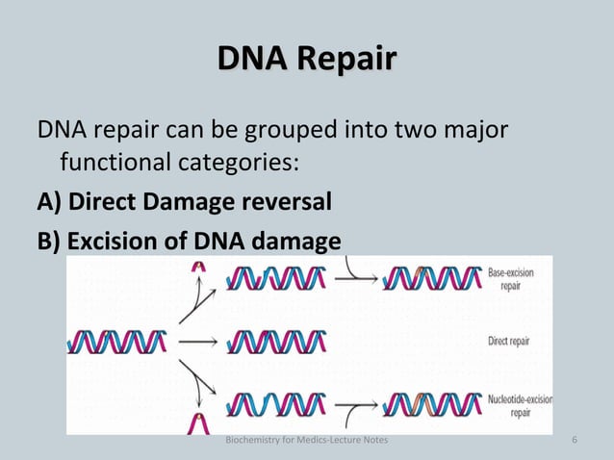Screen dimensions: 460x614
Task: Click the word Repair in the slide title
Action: (346, 59)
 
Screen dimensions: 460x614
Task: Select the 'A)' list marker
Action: (49, 203)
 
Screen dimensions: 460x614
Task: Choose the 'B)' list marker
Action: (49, 240)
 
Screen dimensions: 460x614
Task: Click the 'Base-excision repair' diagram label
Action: (511, 279)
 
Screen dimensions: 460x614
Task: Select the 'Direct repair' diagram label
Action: (508, 341)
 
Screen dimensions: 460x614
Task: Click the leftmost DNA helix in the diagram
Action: (116, 341)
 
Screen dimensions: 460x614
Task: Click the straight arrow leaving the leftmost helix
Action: (197, 341)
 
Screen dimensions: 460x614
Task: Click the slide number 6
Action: (575, 441)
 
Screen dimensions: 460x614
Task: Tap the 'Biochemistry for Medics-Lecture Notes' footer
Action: (306, 441)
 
